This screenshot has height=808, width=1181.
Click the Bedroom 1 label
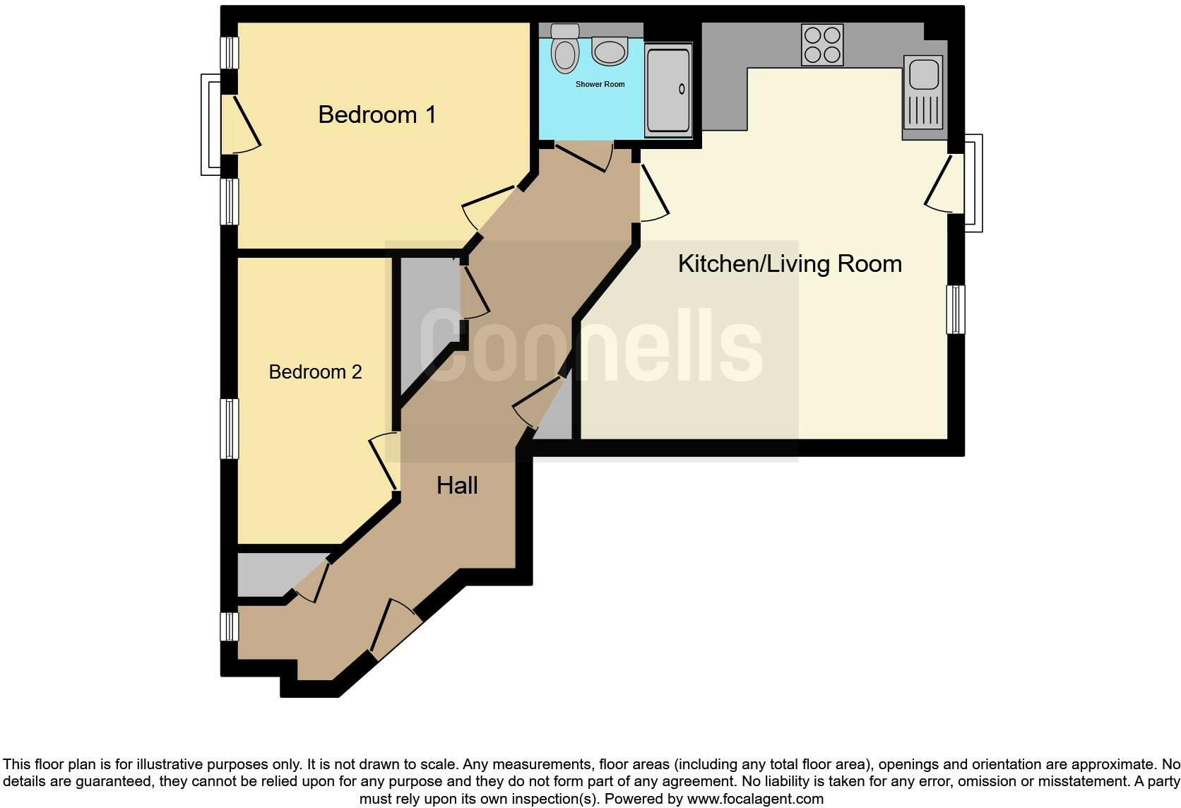(376, 114)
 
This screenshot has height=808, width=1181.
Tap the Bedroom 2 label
(315, 372)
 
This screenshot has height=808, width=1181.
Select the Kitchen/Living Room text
(790, 264)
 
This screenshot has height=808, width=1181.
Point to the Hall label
(457, 486)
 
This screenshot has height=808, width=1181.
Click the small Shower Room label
(600, 85)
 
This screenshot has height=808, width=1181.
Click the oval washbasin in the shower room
(610, 51)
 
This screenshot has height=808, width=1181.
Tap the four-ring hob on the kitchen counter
(822, 44)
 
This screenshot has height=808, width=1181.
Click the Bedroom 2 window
(230, 429)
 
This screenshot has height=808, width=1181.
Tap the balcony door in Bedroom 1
(240, 124)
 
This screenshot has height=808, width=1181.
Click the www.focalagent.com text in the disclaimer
(755, 800)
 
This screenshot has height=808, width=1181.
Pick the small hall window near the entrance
(230, 626)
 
